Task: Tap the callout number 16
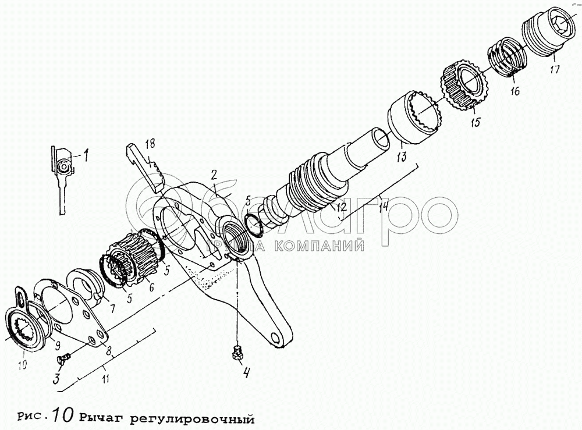click(514, 91)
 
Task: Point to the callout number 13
click(402, 156)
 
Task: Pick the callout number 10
click(22, 365)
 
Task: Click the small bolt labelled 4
click(236, 351)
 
